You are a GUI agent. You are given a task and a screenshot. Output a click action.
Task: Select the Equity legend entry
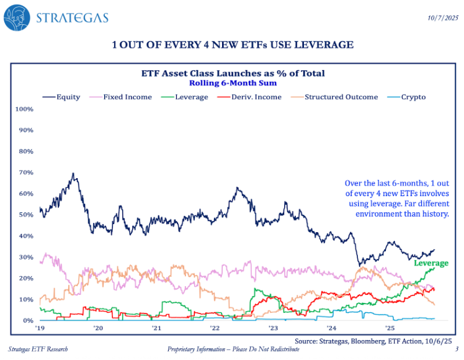pos(61,97)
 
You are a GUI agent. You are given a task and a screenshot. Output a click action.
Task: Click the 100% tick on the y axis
pos(24,109)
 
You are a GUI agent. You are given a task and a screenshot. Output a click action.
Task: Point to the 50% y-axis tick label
pos(25,215)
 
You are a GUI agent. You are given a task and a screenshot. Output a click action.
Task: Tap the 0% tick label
pos(28,320)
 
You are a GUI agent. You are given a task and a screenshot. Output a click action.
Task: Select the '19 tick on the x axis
pos(40,328)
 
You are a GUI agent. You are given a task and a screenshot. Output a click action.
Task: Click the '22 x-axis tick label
pos(215,328)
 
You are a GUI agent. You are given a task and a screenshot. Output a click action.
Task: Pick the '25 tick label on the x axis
pos(390,328)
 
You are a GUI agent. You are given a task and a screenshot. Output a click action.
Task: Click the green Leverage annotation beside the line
pos(431,263)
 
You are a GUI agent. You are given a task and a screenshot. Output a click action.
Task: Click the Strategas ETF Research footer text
pos(38,349)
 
